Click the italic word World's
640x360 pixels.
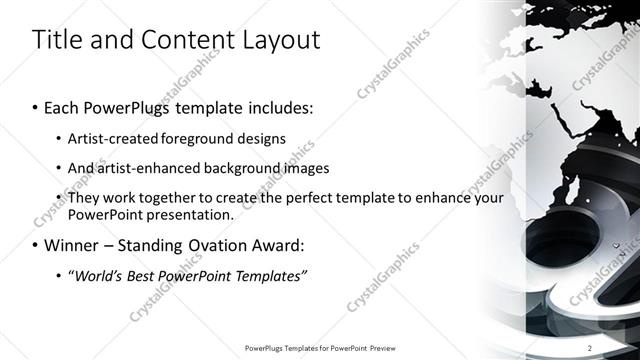click(x=100, y=275)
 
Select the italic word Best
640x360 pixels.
click(x=145, y=275)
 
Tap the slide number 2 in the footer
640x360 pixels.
click(x=590, y=347)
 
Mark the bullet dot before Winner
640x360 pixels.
click(x=36, y=245)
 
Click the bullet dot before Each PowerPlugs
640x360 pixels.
click(x=36, y=107)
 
